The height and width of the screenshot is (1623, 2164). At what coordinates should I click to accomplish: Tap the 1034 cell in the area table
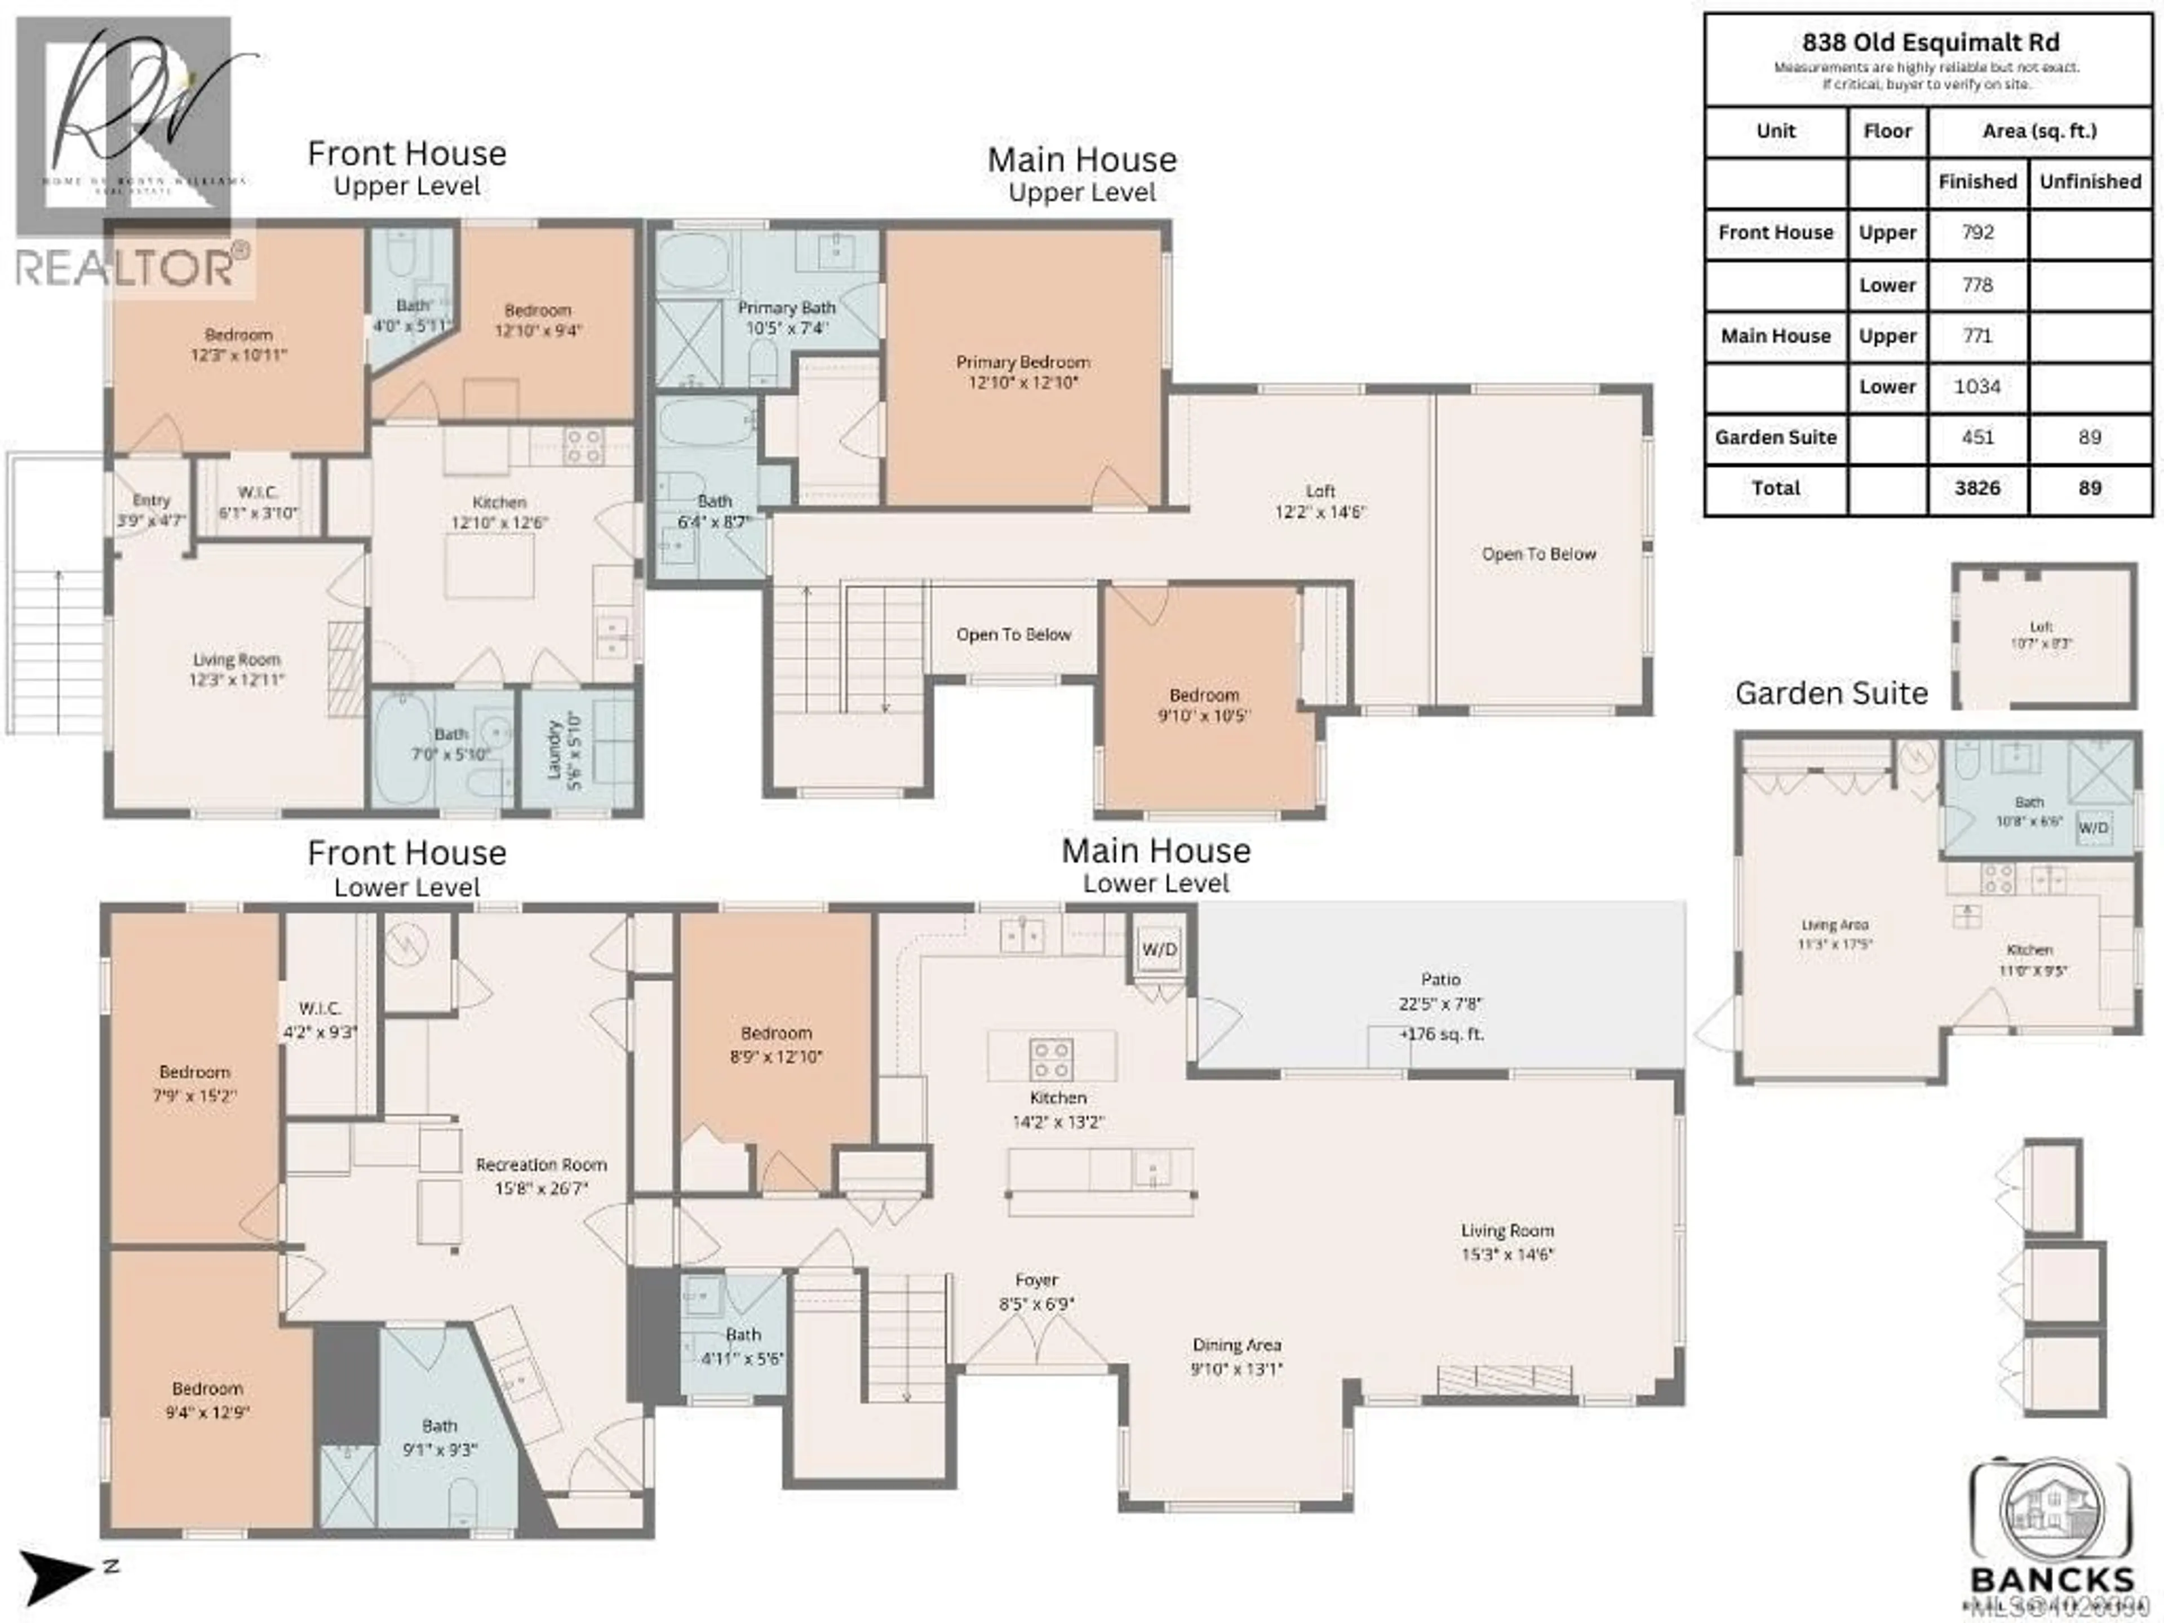[1976, 387]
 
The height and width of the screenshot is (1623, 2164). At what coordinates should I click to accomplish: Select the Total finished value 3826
[1976, 488]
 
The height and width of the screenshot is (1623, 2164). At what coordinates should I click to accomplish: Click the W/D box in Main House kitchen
[1159, 949]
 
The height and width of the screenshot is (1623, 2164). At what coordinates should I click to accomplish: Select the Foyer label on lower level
[1036, 1291]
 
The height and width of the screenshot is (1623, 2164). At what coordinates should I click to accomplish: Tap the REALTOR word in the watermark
[124, 267]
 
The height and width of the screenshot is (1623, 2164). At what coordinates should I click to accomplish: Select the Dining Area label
[1236, 1356]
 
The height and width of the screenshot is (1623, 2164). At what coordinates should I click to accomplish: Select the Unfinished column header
[2090, 182]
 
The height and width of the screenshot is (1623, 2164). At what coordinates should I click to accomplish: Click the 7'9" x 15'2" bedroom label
[194, 1083]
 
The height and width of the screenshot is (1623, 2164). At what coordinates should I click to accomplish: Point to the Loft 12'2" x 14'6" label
[1320, 501]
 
